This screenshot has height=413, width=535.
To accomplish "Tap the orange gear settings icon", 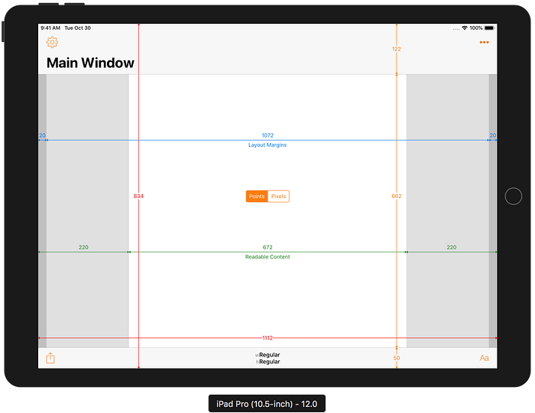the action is pyautogui.click(x=52, y=42).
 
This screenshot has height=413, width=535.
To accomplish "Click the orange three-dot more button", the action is pyautogui.click(x=484, y=42).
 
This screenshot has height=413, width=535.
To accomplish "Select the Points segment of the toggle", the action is pyautogui.click(x=257, y=197).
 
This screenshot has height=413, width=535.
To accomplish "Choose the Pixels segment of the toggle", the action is pyautogui.click(x=278, y=197).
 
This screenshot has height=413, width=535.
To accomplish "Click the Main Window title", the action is pyautogui.click(x=90, y=63).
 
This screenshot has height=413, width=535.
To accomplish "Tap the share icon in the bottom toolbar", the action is pyautogui.click(x=50, y=358).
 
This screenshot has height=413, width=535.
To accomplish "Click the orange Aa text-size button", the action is pyautogui.click(x=484, y=358).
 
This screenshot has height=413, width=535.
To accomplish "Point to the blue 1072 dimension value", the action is pyautogui.click(x=267, y=135).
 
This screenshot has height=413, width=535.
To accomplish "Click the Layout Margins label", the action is pyautogui.click(x=267, y=145).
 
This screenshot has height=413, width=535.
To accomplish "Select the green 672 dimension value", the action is pyautogui.click(x=267, y=247).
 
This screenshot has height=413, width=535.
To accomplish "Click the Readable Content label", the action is pyautogui.click(x=267, y=257).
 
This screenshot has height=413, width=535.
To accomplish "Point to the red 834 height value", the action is pyautogui.click(x=138, y=196).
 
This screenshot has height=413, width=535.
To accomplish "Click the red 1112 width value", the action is pyautogui.click(x=267, y=338).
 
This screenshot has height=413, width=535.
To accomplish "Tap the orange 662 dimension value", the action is pyautogui.click(x=397, y=196).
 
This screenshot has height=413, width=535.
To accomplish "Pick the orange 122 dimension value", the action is pyautogui.click(x=397, y=49).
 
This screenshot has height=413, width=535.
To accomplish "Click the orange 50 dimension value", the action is pyautogui.click(x=397, y=358).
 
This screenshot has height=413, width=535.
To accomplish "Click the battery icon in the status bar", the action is pyautogui.click(x=490, y=28).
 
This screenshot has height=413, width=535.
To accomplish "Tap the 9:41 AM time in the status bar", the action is pyautogui.click(x=50, y=28).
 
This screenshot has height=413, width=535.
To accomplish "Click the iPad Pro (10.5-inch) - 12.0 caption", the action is pyautogui.click(x=267, y=404).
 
